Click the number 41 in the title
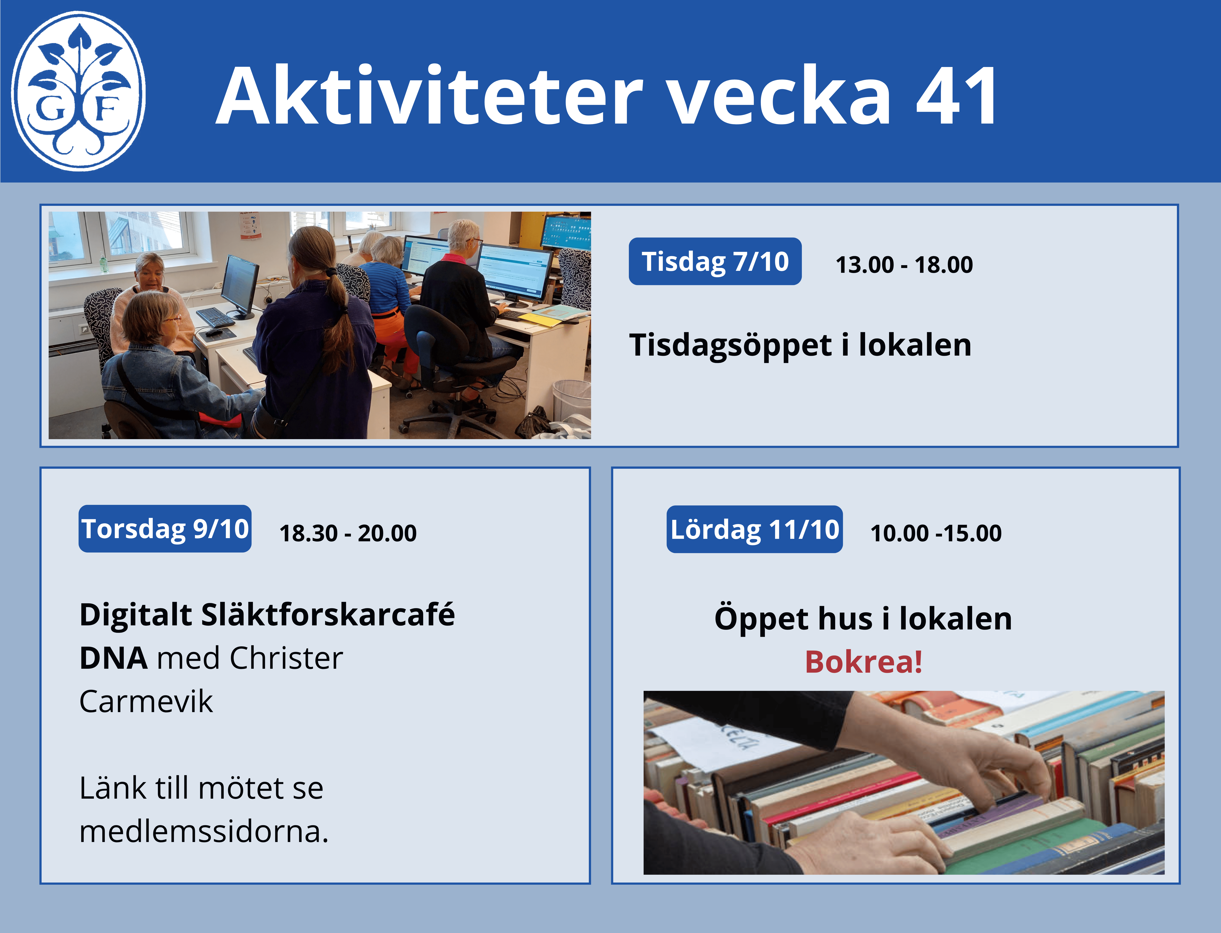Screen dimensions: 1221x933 (956, 96)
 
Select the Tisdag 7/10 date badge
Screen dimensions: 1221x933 (715, 262)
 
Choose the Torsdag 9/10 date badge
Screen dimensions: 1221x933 (165, 529)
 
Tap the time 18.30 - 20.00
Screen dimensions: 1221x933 (348, 533)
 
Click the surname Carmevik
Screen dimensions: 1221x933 (146, 701)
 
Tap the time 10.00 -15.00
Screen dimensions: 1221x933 (936, 533)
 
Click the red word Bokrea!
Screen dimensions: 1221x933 (863, 662)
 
